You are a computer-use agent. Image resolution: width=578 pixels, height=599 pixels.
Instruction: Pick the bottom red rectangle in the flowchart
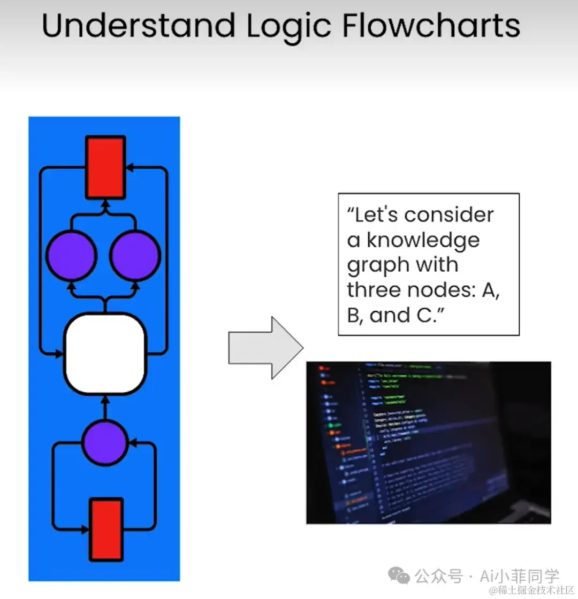105,529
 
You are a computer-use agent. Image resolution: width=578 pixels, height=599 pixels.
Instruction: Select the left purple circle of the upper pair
71,255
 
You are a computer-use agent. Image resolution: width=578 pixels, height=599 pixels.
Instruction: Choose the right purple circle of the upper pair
135,255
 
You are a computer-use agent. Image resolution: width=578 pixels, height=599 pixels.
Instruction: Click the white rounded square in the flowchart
105,354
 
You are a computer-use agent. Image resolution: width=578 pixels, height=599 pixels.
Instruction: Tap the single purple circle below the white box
105,442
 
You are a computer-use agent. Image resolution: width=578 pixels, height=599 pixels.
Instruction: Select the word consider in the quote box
448,215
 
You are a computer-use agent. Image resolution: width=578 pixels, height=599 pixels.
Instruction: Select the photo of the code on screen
428,442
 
